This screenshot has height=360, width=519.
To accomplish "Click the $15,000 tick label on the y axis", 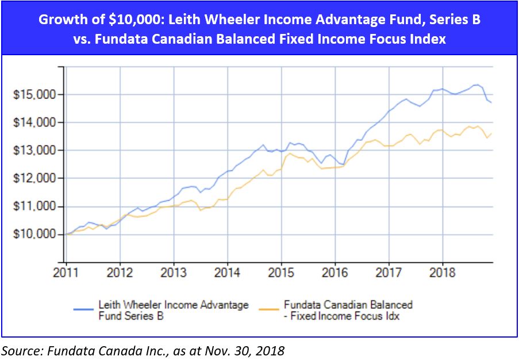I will [33, 95].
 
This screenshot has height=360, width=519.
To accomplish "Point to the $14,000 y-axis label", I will [33, 122].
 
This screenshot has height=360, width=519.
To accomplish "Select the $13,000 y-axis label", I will [33, 151].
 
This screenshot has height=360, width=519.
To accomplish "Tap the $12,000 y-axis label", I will [33, 179].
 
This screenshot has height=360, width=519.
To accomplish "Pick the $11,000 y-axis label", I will [33, 206].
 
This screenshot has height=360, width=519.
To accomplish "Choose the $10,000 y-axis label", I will [33, 235].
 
